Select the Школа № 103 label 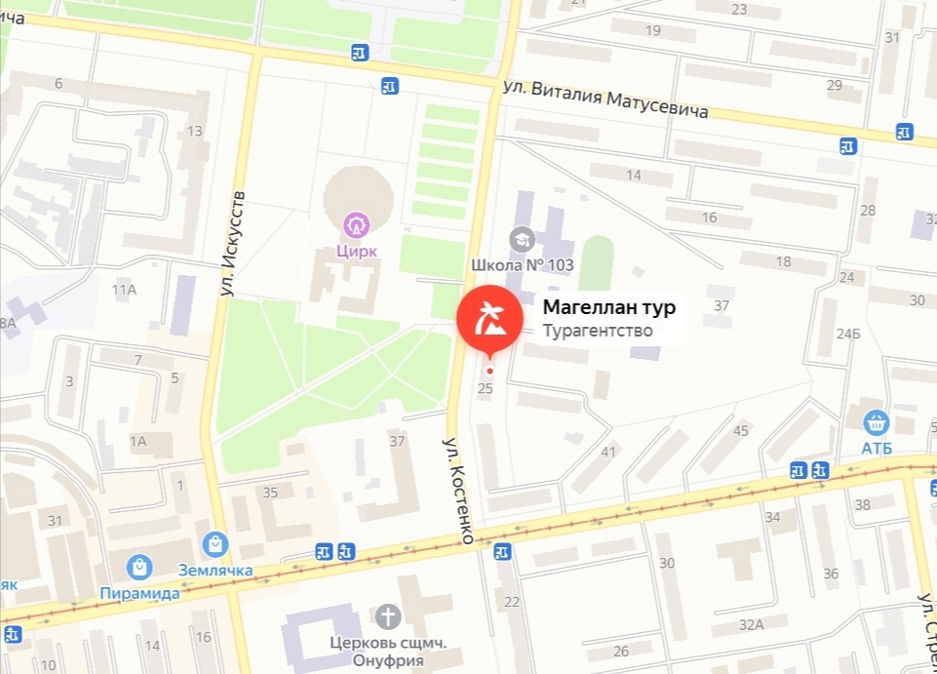coord(522,265)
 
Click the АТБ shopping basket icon coord(877,422)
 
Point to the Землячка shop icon coord(215,544)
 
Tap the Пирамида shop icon coord(139,567)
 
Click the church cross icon coord(388,616)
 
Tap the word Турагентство coord(597,331)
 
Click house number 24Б coord(849,335)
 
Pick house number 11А coord(124,290)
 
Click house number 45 coord(741,430)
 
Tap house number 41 coord(609,451)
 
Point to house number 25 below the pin coord(486,388)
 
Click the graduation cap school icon coord(524,239)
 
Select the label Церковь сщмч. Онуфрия coord(375,652)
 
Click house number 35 coord(270,492)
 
